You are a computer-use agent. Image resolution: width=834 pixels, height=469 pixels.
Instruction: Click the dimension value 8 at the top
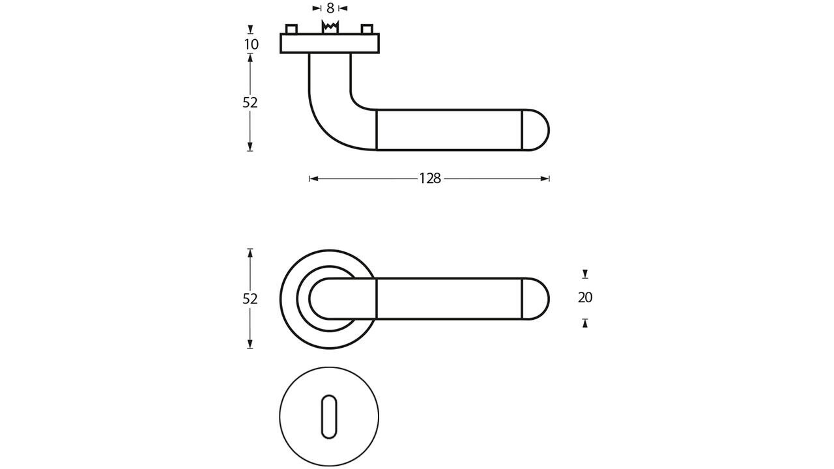[330, 8]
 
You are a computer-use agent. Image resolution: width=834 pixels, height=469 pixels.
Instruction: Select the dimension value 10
[251, 44]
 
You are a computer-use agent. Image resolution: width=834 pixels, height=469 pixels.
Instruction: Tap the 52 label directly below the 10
[250, 102]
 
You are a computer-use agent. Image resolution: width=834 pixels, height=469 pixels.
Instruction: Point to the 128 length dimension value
[430, 178]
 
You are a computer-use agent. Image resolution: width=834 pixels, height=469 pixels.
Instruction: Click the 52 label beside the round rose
[250, 298]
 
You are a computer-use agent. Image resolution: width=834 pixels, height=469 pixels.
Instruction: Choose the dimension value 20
[585, 298]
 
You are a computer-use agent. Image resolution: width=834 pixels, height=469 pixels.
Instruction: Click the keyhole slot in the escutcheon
[329, 416]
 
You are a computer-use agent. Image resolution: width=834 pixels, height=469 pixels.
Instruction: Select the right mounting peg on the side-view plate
[367, 29]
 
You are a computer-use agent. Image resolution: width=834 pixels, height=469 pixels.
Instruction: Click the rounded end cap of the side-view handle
[536, 130]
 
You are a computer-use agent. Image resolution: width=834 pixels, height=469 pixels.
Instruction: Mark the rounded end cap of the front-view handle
[536, 299]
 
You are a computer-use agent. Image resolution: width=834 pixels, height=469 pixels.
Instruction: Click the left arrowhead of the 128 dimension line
[313, 178]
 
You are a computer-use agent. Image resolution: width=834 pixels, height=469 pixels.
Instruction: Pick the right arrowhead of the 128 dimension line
[546, 178]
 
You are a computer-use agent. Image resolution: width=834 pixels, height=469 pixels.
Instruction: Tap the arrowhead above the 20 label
[585, 274]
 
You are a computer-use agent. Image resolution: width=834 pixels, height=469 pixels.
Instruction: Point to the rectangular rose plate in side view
[330, 43]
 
